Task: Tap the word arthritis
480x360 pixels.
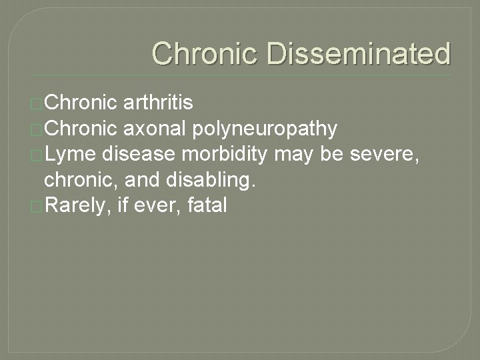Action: (159, 103)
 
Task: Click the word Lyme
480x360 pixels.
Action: (69, 154)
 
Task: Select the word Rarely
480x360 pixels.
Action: (77, 205)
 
